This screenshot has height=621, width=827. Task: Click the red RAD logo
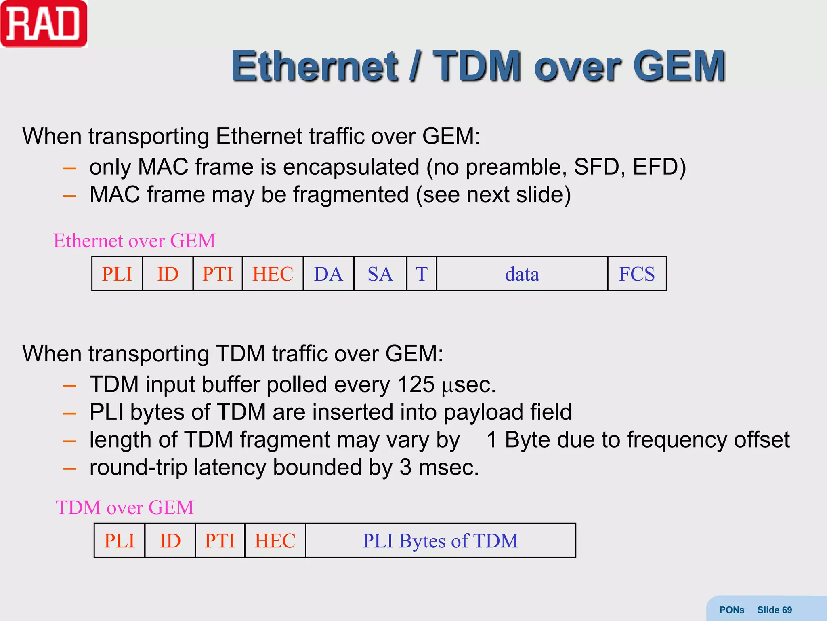pyautogui.click(x=44, y=24)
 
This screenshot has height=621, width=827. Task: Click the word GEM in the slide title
pyautogui.click(x=679, y=65)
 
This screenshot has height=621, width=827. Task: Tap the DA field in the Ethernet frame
pyautogui.click(x=328, y=274)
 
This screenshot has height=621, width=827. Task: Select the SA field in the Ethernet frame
pyautogui.click(x=380, y=274)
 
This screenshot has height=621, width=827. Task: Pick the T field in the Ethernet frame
pyautogui.click(x=422, y=274)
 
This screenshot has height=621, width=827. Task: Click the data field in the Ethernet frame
pyautogui.click(x=522, y=274)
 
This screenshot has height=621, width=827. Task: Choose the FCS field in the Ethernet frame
pyautogui.click(x=637, y=274)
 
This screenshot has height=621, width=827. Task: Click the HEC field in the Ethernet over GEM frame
pyautogui.click(x=273, y=274)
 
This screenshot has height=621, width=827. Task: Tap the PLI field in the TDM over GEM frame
pyautogui.click(x=119, y=541)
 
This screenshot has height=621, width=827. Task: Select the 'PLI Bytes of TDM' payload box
pyautogui.click(x=440, y=541)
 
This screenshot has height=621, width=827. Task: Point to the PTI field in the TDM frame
pyautogui.click(x=220, y=541)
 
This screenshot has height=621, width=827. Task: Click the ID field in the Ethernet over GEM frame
pyautogui.click(x=168, y=274)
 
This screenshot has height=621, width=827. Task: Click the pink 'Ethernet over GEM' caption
pyautogui.click(x=134, y=241)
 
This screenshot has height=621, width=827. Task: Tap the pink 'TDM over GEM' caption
pyautogui.click(x=125, y=508)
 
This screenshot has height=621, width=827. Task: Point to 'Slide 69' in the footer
pyautogui.click(x=774, y=610)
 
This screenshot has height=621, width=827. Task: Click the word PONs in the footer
pyautogui.click(x=731, y=610)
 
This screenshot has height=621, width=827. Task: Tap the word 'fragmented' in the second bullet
pyautogui.click(x=351, y=194)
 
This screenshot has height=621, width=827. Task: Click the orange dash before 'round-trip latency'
pyautogui.click(x=70, y=469)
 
